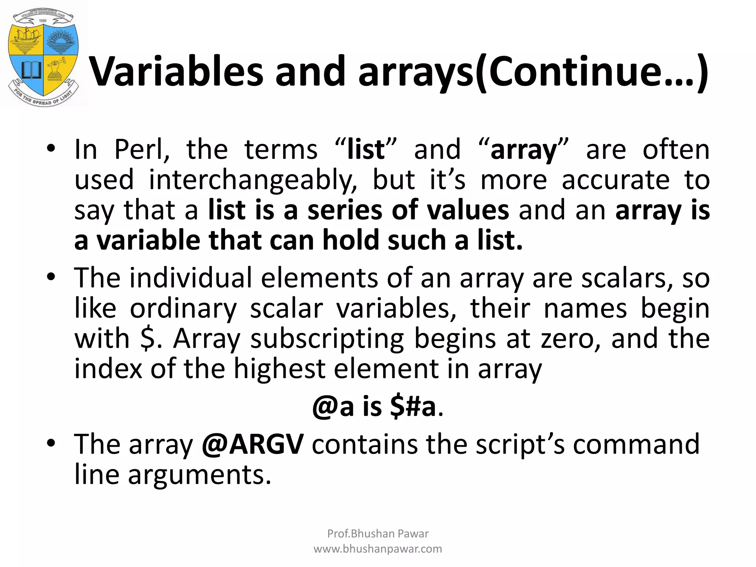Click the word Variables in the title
[x=176, y=72]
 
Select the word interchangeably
[x=253, y=180]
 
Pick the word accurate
[x=615, y=180]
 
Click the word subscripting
[x=327, y=339]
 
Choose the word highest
[x=279, y=369]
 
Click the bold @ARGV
[x=253, y=444]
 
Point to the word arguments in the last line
[x=199, y=475]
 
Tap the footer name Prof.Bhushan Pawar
[x=378, y=533]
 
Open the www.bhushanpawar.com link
[x=378, y=549]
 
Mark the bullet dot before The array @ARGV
[x=51, y=443]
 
